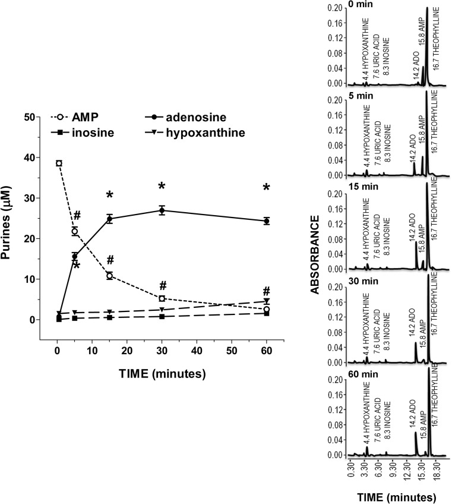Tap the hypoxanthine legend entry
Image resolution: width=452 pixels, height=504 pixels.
196,132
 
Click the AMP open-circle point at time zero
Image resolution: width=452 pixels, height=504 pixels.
59,163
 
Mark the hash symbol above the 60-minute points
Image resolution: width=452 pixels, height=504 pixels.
267,291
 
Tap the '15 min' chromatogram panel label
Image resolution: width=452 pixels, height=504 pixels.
347,190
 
